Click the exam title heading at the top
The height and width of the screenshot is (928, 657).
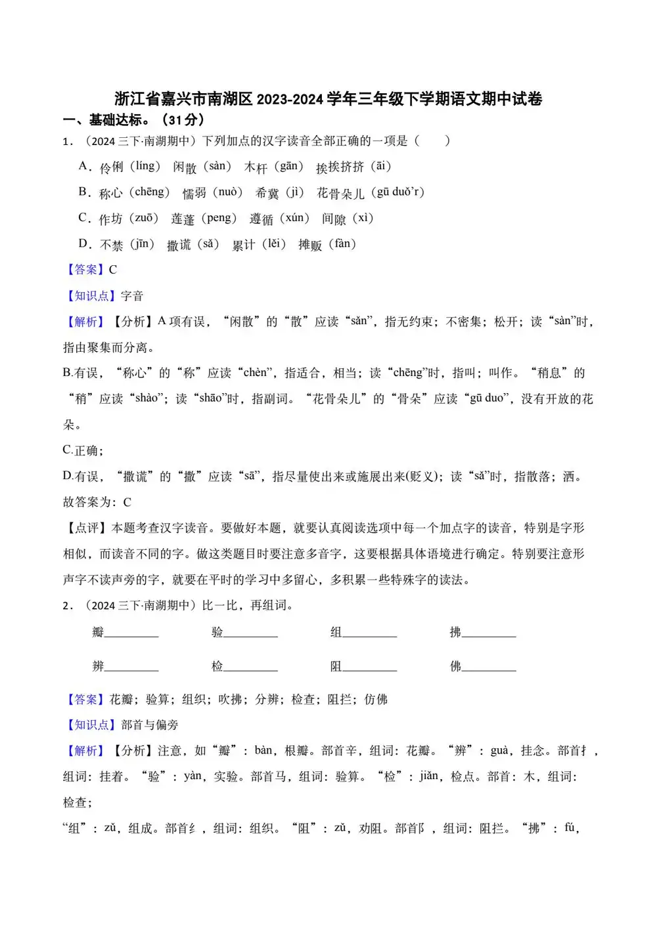[328, 99]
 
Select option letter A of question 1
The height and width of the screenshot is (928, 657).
[83, 166]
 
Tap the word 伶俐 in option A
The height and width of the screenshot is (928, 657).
[111, 167]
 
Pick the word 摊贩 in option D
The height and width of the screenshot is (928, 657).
[310, 245]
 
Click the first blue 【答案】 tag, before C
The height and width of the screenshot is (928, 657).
[85, 270]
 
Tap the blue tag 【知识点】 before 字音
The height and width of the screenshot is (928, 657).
[91, 296]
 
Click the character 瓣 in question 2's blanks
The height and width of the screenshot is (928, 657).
[98, 633]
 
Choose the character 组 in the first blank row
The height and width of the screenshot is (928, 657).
[336, 633]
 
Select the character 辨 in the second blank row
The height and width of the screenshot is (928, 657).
[98, 667]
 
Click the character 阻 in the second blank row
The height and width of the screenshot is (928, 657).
[336, 667]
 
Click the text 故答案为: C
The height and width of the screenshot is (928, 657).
[97, 502]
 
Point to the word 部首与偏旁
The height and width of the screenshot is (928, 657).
[150, 725]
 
